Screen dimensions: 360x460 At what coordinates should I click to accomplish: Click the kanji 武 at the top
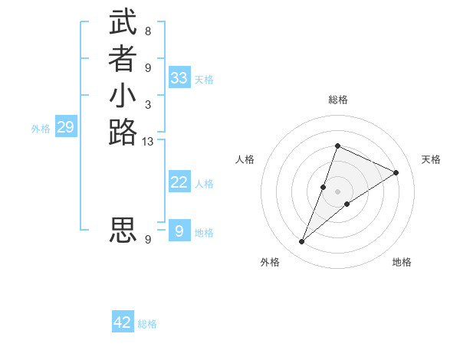123,23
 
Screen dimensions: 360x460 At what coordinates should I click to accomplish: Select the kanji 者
123,61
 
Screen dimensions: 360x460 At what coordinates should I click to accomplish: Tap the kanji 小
123,97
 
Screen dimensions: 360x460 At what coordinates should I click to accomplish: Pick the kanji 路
123,133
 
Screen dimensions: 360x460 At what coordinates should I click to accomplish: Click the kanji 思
123,230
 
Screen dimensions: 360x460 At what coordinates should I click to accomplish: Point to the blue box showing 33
179,77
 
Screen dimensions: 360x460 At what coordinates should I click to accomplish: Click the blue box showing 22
179,182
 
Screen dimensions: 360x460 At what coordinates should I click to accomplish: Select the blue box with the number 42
123,322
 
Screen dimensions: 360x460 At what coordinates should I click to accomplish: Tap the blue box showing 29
65,127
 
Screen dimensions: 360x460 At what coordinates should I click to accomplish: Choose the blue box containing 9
179,231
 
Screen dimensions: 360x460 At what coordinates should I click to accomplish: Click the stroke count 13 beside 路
148,142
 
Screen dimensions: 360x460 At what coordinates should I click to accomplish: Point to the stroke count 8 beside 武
148,31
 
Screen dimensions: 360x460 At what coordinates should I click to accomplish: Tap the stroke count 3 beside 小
148,104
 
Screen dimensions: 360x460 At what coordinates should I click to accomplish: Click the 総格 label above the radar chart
337,100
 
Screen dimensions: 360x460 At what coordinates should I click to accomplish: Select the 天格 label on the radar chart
432,159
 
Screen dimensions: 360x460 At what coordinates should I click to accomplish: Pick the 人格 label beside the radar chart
245,159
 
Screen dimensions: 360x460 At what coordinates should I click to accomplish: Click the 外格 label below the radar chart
270,262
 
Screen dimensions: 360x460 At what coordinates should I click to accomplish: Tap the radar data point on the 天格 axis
396,172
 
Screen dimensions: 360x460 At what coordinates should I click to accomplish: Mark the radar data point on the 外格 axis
301,242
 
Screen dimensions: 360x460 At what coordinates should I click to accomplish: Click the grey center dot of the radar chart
337,191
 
